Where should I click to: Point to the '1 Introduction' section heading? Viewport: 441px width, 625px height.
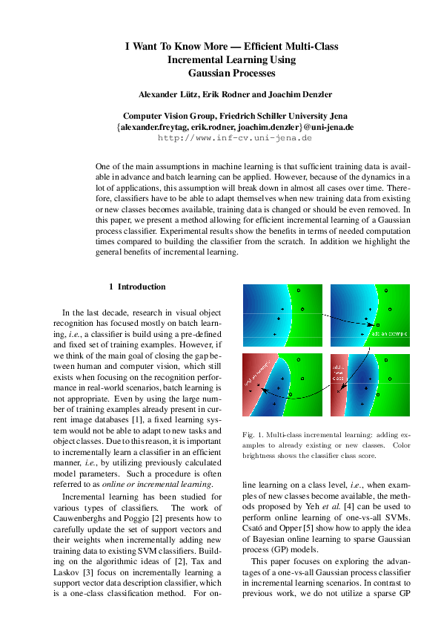(x=137, y=287)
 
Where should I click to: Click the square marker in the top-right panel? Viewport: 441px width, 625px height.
(x=377, y=326)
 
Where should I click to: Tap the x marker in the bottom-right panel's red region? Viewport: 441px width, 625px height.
(x=339, y=390)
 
